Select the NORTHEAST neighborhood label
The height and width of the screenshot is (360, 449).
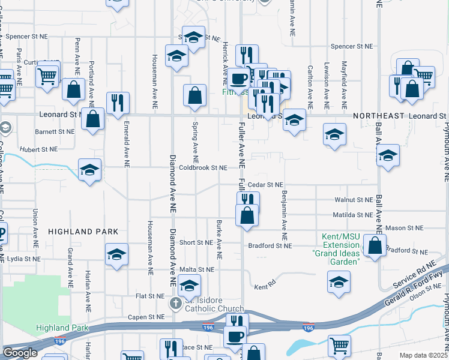tap(378, 115)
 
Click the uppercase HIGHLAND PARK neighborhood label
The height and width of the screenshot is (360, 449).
tap(80, 232)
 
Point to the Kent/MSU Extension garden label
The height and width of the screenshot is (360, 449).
tap(336, 249)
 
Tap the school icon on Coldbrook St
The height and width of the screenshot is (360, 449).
tap(89, 170)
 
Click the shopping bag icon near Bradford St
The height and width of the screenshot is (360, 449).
tap(375, 246)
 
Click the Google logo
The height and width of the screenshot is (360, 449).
tap(20, 353)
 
